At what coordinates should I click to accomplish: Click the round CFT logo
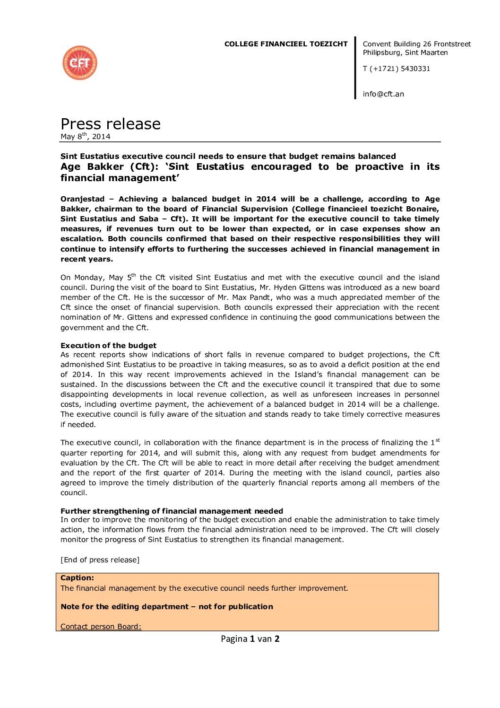point(80,63)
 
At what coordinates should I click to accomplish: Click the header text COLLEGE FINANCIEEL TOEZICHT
point(285,44)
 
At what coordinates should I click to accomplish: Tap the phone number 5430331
point(415,69)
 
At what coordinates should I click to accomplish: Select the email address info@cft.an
point(383,94)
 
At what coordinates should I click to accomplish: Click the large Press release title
point(111,124)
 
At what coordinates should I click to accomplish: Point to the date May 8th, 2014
point(86,137)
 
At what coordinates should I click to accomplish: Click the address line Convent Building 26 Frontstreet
point(416,44)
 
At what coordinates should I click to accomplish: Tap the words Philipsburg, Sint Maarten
point(405,52)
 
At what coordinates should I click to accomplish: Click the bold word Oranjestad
point(82,199)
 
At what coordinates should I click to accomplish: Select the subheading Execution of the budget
point(108,346)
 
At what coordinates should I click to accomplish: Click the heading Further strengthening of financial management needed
point(172,511)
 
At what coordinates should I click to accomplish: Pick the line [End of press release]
point(100,560)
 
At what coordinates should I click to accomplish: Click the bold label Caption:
point(77,578)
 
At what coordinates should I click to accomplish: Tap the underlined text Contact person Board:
point(101,627)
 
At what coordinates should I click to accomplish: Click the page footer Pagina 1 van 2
point(250,639)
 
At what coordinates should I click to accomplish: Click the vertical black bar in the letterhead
point(355,68)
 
